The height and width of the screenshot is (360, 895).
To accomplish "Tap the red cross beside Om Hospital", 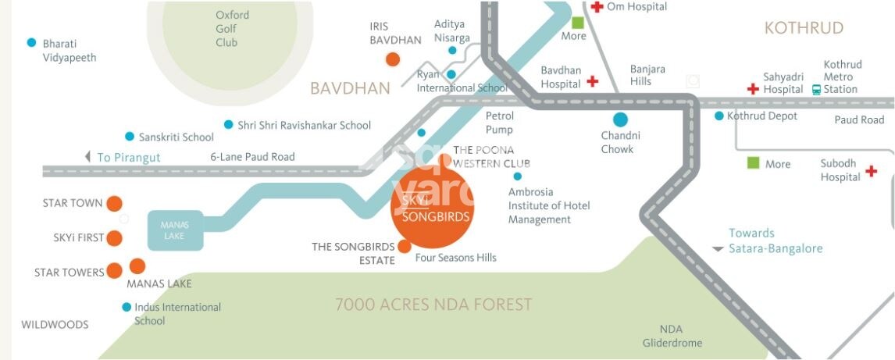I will (x=597, y=7).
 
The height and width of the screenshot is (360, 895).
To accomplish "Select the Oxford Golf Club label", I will (x=232, y=29).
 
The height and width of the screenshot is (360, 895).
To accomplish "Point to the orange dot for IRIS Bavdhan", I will (x=393, y=59).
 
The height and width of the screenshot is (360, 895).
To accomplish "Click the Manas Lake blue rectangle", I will (x=175, y=230).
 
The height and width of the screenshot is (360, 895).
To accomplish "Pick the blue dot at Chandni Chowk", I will (x=620, y=119).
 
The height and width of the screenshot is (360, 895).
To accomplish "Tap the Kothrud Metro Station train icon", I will (x=816, y=89).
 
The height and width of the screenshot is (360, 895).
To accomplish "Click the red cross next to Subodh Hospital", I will (x=872, y=171).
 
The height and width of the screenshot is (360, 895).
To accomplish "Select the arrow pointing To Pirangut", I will (x=87, y=157).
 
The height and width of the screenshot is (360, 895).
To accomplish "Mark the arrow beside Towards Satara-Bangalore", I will (x=718, y=249).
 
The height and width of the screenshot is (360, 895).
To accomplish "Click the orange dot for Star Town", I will (x=114, y=204).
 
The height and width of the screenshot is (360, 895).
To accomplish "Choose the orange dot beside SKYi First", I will (x=114, y=238).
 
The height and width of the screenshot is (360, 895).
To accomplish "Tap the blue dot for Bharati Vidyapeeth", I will (x=31, y=43).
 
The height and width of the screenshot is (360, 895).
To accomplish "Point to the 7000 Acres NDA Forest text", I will (x=433, y=305).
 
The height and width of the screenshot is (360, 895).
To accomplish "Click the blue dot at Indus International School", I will (x=127, y=307).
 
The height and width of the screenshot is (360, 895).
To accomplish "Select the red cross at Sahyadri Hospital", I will (x=753, y=89).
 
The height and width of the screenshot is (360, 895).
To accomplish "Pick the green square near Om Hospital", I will (x=577, y=23).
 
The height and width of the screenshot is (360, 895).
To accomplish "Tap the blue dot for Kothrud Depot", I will (x=719, y=116).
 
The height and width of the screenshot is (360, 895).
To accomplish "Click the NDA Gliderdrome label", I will (x=672, y=336).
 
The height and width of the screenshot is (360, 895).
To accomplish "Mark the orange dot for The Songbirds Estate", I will (x=404, y=247).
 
